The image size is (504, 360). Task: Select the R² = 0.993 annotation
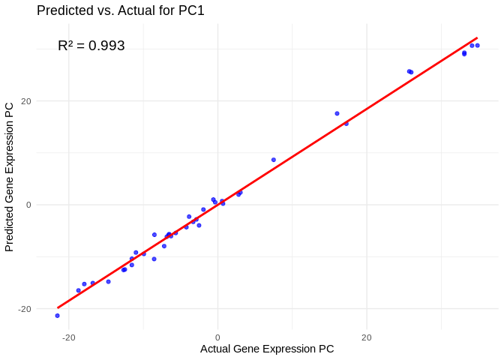click(x=91, y=46)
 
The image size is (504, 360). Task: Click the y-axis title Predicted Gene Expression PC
click(x=10, y=177)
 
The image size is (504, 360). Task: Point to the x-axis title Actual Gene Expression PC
click(x=267, y=349)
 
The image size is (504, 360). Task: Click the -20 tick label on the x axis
click(x=69, y=337)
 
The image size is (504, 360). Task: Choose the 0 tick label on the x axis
click(x=217, y=337)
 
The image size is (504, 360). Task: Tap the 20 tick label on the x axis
click(x=366, y=337)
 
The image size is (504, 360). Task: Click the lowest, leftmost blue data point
click(x=57, y=316)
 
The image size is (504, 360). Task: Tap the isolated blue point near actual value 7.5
click(x=274, y=160)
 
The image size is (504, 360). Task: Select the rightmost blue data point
click(x=477, y=46)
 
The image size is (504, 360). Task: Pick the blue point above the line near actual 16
click(x=337, y=113)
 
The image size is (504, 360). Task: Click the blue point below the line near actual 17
click(x=346, y=124)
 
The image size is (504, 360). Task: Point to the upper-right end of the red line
click(x=477, y=38)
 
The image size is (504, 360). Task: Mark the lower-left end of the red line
click(x=58, y=307)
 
